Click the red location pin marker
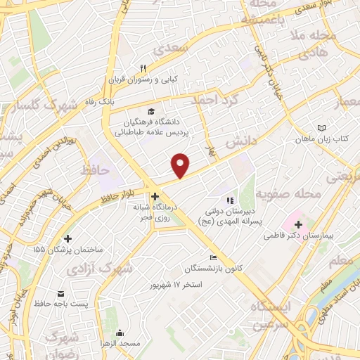tap(181, 165)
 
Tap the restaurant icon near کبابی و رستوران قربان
tap(143, 68)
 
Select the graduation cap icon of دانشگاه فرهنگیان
tap(151, 110)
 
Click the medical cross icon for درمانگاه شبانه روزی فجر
tap(155, 197)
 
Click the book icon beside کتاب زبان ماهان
tap(321, 128)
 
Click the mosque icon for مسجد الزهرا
tap(120, 333)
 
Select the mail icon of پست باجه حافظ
tap(60, 293)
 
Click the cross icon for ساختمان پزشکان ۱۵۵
tap(67, 238)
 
